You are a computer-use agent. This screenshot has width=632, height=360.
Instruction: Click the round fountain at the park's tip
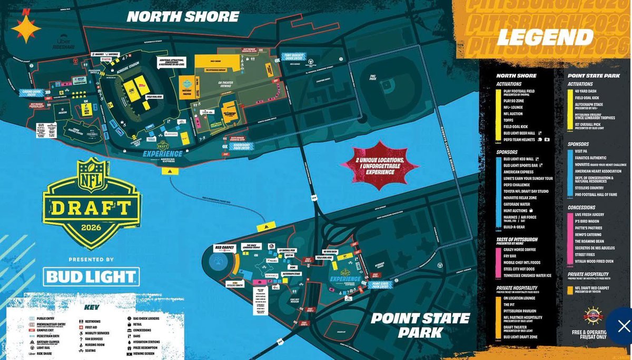point(216,262)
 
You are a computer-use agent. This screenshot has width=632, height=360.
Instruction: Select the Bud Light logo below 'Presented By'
point(92,277)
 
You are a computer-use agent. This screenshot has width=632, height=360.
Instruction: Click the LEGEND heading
point(545,37)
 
